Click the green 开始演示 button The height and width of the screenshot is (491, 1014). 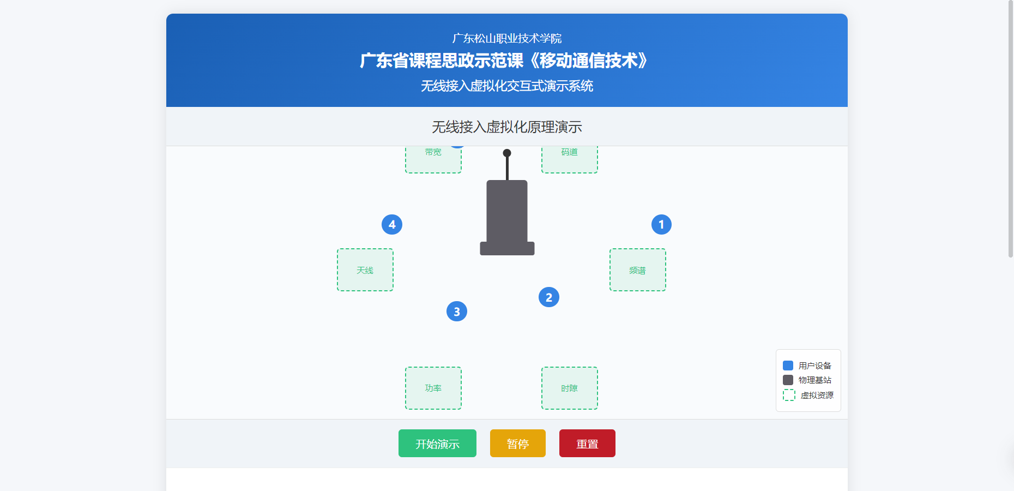pyautogui.click(x=437, y=444)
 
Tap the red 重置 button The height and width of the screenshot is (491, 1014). pyautogui.click(x=587, y=444)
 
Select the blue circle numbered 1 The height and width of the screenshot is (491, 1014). pyautogui.click(x=661, y=224)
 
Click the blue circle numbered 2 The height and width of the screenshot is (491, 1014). pyautogui.click(x=549, y=297)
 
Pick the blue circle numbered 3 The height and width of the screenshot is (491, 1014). pyautogui.click(x=457, y=312)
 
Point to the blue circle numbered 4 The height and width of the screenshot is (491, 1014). pyautogui.click(x=392, y=224)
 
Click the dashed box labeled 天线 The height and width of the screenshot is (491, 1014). pyautogui.click(x=365, y=270)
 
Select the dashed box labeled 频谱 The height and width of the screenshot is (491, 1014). pyautogui.click(x=638, y=270)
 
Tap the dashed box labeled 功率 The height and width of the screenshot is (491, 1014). pyautogui.click(x=433, y=388)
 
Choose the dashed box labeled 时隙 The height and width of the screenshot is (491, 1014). pyautogui.click(x=570, y=388)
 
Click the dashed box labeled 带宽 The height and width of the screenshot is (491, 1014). pyautogui.click(x=433, y=159)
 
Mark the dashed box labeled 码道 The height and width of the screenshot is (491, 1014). pyautogui.click(x=570, y=159)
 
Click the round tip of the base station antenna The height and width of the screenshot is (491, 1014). pyautogui.click(x=507, y=153)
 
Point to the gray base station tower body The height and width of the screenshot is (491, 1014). pyautogui.click(x=507, y=213)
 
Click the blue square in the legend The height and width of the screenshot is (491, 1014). pyautogui.click(x=788, y=366)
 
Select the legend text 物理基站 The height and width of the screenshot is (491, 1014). pyautogui.click(x=815, y=380)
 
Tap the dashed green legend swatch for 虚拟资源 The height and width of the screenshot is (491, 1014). pyautogui.click(x=789, y=395)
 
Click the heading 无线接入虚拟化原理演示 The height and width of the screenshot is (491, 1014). pyautogui.click(x=507, y=127)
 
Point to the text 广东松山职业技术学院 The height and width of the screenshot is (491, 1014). pyautogui.click(x=507, y=38)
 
